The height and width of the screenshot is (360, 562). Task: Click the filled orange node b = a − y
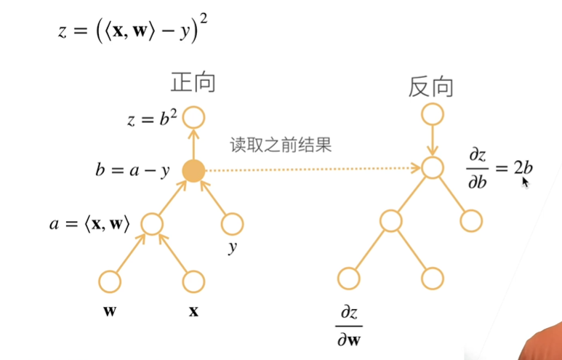[x=193, y=171]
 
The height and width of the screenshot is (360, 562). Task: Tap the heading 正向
[x=193, y=82]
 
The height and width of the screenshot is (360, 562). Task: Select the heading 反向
[x=430, y=87]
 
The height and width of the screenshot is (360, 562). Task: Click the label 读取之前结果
[x=281, y=145]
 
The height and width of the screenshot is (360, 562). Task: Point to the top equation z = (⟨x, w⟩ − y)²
[x=132, y=31]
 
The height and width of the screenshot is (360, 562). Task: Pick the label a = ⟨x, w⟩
[x=90, y=225]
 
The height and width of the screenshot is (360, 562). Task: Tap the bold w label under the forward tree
[x=110, y=311]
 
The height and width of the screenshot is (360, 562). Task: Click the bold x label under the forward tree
[x=193, y=311]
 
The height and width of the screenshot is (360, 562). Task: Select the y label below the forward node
[x=233, y=247]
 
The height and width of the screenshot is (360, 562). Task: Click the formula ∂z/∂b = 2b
[x=499, y=169]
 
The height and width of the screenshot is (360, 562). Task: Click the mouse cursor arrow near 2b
[x=526, y=182]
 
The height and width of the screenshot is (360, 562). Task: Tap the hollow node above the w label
[x=110, y=281]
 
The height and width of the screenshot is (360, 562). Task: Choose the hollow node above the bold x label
[x=193, y=281]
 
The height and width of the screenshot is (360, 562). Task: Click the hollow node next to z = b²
[x=193, y=118]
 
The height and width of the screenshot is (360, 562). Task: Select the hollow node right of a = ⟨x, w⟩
[x=152, y=224]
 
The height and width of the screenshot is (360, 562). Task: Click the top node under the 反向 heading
[x=433, y=114]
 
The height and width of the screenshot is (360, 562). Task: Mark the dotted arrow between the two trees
[x=313, y=169]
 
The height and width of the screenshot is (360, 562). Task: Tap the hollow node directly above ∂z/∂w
[x=349, y=279]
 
